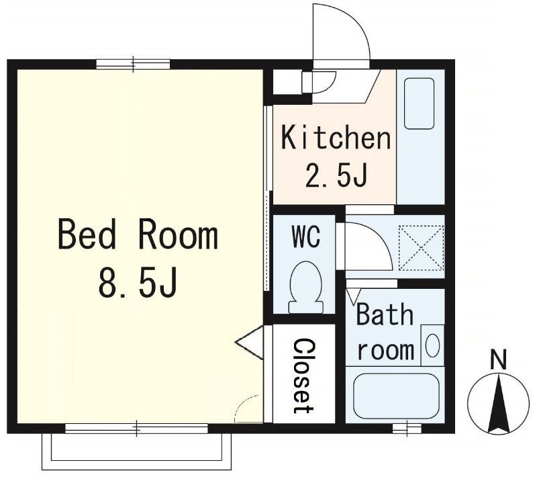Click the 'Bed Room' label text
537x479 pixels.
tap(138, 235)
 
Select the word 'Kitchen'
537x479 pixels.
tap(335, 138)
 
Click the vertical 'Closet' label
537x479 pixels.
tap(303, 375)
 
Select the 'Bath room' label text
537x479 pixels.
tap(384, 333)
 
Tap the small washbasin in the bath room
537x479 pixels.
tap(433, 345)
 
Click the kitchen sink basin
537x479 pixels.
tap(420, 103)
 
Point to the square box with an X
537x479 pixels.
tap(420, 247)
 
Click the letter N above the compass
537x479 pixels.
tap(497, 360)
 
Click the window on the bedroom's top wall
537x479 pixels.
tap(133, 64)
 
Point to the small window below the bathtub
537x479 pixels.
tap(406, 428)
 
